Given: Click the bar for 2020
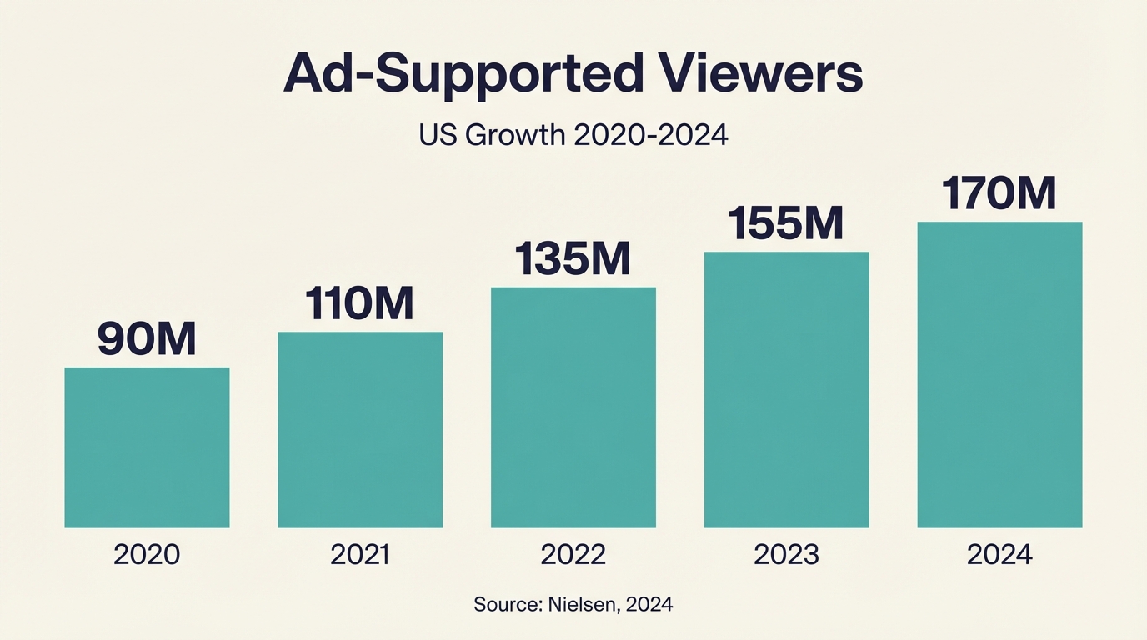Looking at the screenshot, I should pos(147,447).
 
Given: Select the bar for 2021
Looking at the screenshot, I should pos(360,430).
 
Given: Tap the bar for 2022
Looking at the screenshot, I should pos(573,407).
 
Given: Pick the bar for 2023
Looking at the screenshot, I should pos(786,389).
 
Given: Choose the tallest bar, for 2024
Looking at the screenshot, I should pos(999,374).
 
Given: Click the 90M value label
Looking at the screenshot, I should pos(147,339).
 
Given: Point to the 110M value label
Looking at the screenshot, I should pos(359,304).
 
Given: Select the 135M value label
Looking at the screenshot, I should pos(573,259).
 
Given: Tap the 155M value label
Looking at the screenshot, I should pos(786,223).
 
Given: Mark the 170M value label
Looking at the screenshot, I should pos(999,193).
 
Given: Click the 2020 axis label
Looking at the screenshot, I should pos(147,555).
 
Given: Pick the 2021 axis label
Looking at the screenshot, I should pos(360,555).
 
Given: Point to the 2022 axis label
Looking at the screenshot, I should pos(573,555).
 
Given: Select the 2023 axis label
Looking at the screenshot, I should pos(786,555).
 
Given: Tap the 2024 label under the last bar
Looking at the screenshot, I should pos(999,555).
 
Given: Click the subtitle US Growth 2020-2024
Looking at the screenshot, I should pos(573,135).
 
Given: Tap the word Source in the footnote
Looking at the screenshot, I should pos(503,605).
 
